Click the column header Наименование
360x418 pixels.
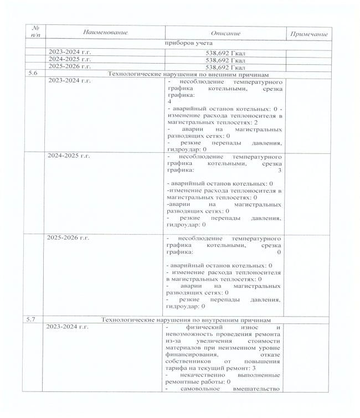tap(104, 33)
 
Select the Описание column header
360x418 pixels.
tap(225, 33)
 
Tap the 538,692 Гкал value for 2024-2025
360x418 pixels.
tap(225, 60)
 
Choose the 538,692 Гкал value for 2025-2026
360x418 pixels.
tap(225, 66)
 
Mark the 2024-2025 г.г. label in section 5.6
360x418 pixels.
tap(69, 156)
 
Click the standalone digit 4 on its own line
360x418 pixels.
tap(169, 102)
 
